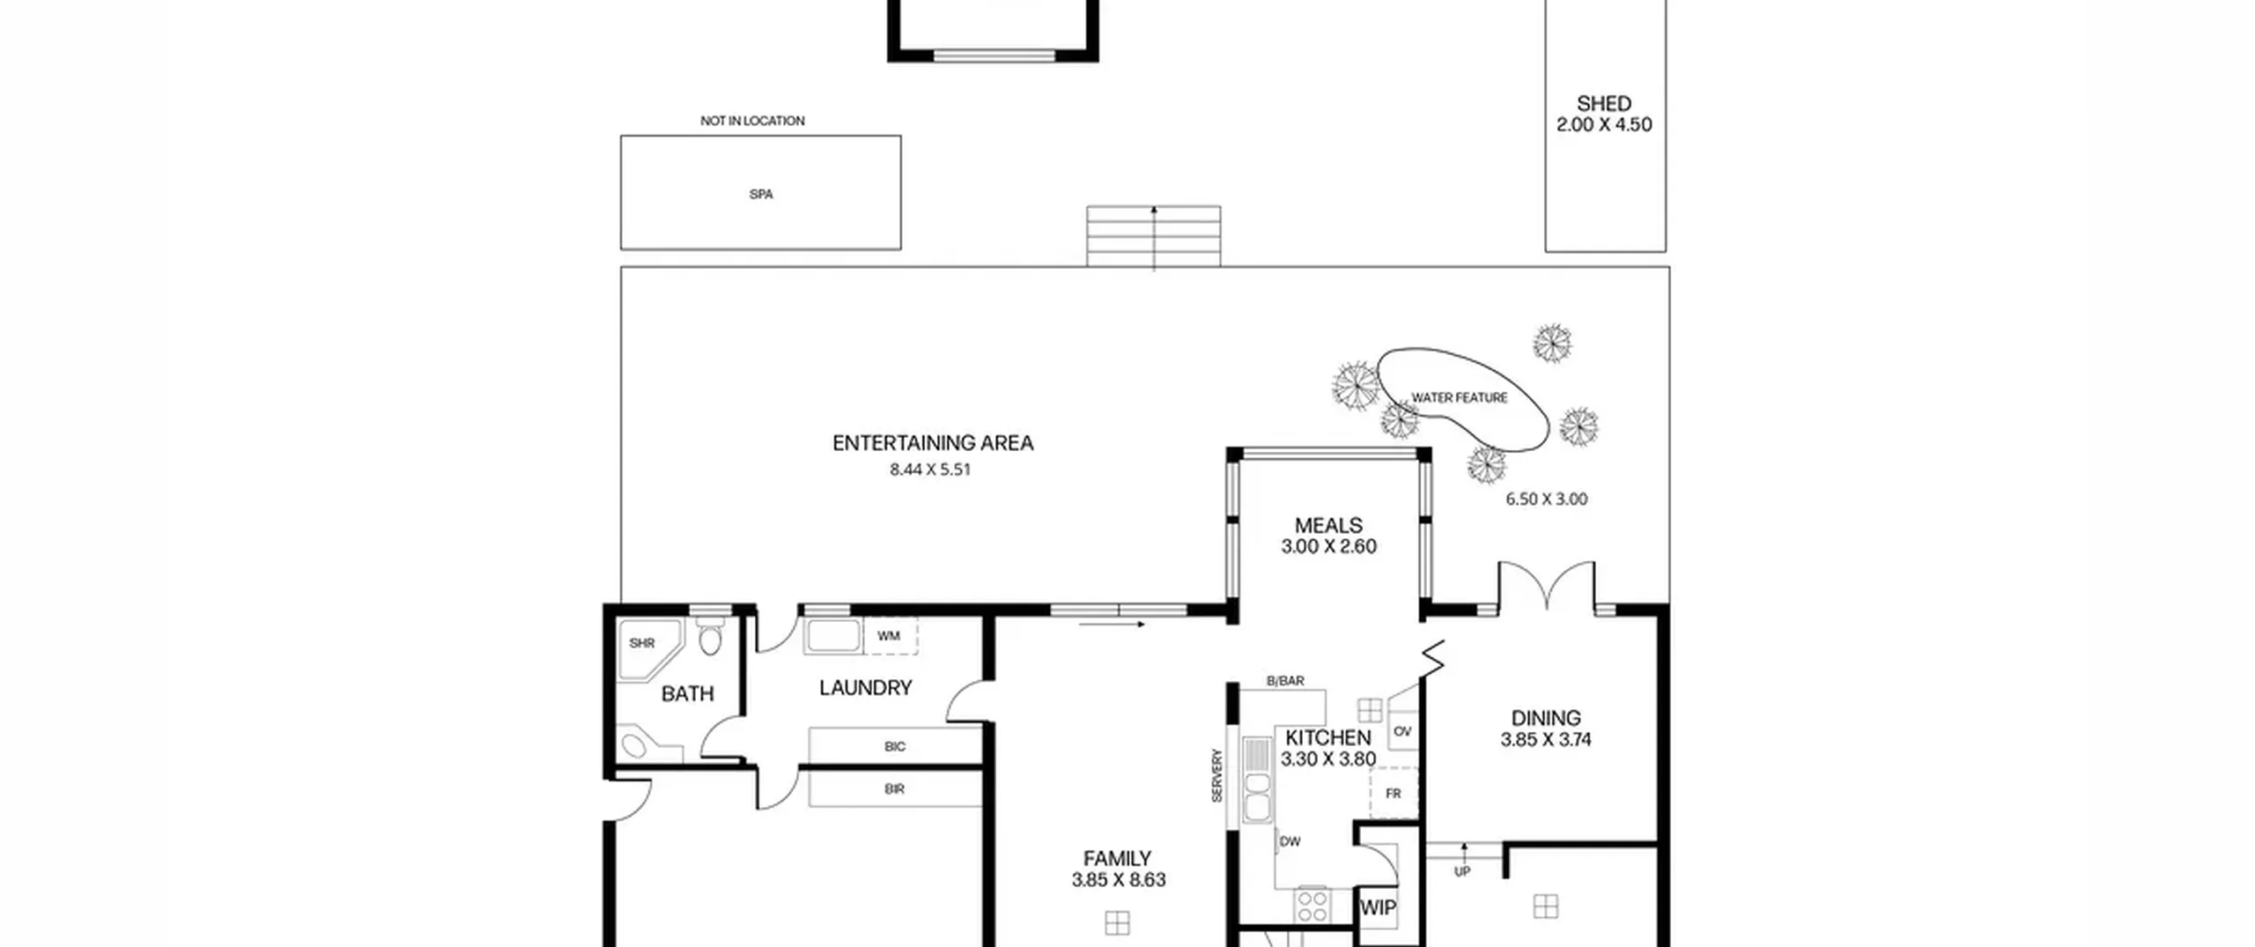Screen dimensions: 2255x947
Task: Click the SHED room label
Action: click(1604, 104)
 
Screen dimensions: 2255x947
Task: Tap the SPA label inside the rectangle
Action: click(761, 195)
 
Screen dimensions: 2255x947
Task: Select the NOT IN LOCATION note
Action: click(752, 121)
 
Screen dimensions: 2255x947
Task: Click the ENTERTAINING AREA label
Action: click(933, 443)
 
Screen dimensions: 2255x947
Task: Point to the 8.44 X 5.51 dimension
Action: click(930, 470)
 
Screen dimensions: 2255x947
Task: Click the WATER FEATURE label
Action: click(1460, 398)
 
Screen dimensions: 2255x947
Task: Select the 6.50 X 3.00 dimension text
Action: click(1547, 499)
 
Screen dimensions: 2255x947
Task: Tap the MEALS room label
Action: click(1328, 526)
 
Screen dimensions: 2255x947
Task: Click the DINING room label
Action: click(1546, 719)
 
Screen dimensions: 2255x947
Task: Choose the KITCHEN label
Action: click(1328, 738)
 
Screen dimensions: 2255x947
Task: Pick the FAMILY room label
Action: click(1118, 859)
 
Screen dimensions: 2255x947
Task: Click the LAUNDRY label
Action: click(865, 688)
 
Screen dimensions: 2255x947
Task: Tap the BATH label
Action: click(687, 694)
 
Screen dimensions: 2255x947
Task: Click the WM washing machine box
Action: click(891, 636)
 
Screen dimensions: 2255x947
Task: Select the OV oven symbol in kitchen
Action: click(1403, 732)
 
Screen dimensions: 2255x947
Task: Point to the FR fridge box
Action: click(1394, 793)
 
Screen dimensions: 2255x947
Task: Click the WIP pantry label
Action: click(1378, 908)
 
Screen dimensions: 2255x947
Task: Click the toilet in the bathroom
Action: click(710, 635)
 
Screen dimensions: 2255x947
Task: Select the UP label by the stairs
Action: click(1462, 872)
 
